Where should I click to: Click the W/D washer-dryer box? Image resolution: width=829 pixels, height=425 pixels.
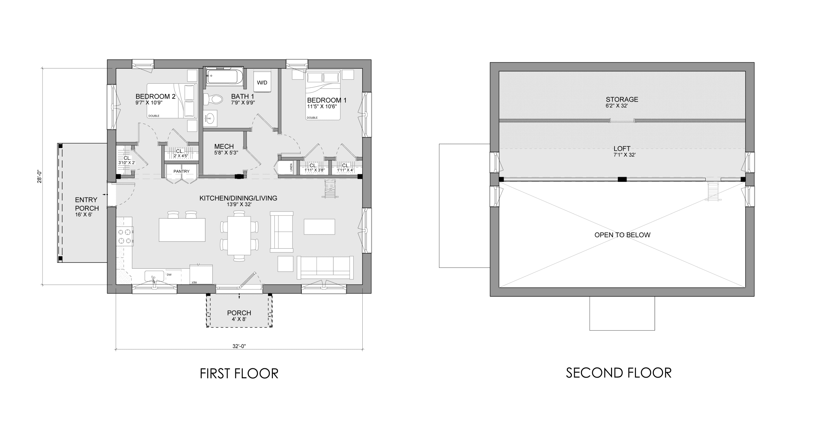[x=262, y=83]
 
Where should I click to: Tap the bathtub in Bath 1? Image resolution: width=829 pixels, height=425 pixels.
[x=225, y=76]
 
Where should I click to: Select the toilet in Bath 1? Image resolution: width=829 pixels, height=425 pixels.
[x=213, y=100]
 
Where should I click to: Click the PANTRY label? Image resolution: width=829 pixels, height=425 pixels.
[x=181, y=171]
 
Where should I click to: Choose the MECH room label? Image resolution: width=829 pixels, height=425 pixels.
[x=224, y=147]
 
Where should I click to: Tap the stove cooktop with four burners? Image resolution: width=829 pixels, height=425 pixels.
[x=125, y=236]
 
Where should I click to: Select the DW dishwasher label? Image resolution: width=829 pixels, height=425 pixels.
[x=169, y=275]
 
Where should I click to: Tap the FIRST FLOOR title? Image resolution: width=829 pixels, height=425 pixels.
[x=239, y=374]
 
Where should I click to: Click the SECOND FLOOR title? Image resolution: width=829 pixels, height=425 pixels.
[x=619, y=373]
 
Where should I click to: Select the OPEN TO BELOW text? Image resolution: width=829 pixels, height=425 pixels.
[x=622, y=235]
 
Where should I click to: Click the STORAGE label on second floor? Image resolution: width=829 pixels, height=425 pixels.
[x=622, y=100]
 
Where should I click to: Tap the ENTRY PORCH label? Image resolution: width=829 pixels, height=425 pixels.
[x=87, y=204]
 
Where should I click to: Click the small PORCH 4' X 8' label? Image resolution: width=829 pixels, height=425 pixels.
[x=239, y=313]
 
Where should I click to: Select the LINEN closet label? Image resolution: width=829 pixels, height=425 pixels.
[x=291, y=168]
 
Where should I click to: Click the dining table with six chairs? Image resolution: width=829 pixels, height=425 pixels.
[x=239, y=235]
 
